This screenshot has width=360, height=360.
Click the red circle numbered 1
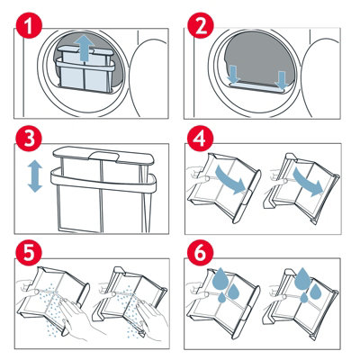click(x=29, y=30)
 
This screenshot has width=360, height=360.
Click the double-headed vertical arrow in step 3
click(x=35, y=175)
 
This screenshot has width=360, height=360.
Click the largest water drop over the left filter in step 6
click(x=222, y=276)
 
